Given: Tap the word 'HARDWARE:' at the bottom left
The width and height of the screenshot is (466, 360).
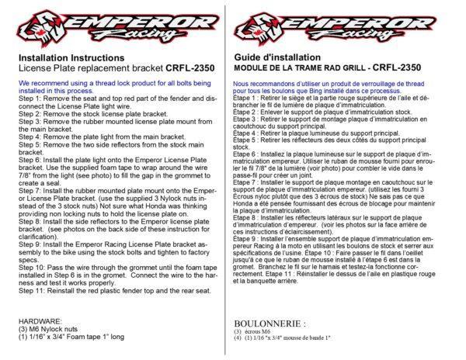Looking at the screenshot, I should click(x=40, y=299).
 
